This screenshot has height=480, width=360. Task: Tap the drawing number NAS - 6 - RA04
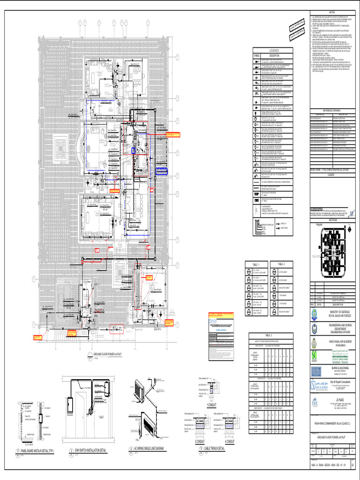coord(328,465)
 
